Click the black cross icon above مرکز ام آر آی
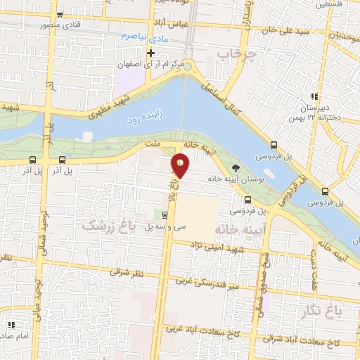[150, 53]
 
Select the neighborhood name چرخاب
[233, 53]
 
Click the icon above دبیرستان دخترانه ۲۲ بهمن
[315, 96]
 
